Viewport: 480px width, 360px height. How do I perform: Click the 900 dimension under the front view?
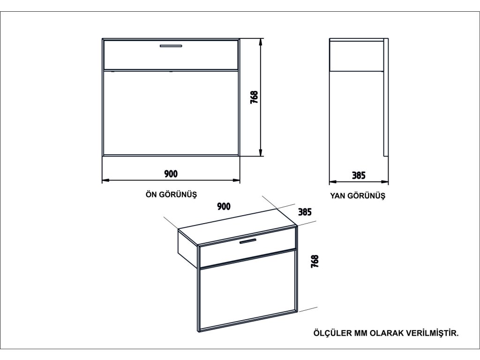pyautogui.click(x=171, y=174)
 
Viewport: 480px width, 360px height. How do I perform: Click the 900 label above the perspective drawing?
pyautogui.click(x=224, y=206)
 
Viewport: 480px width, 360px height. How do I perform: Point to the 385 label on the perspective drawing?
pyautogui.click(x=305, y=211)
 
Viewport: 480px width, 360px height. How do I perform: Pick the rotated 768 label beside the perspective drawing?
pyautogui.click(x=315, y=261)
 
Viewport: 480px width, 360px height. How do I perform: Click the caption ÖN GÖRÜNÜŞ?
pyautogui.click(x=171, y=195)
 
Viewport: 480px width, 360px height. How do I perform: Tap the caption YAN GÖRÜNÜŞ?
pyautogui.click(x=358, y=196)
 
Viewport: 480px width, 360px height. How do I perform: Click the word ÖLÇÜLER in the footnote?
pyautogui.click(x=330, y=333)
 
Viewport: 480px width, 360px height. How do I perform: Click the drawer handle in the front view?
pyautogui.click(x=171, y=46)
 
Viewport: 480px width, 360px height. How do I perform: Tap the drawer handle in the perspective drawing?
pyautogui.click(x=247, y=241)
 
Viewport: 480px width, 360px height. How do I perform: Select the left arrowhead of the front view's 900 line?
pyautogui.click(x=105, y=180)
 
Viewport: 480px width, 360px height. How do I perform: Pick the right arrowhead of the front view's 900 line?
pyautogui.click(x=237, y=180)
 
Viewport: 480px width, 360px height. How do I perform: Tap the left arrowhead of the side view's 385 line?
pyautogui.click(x=332, y=181)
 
